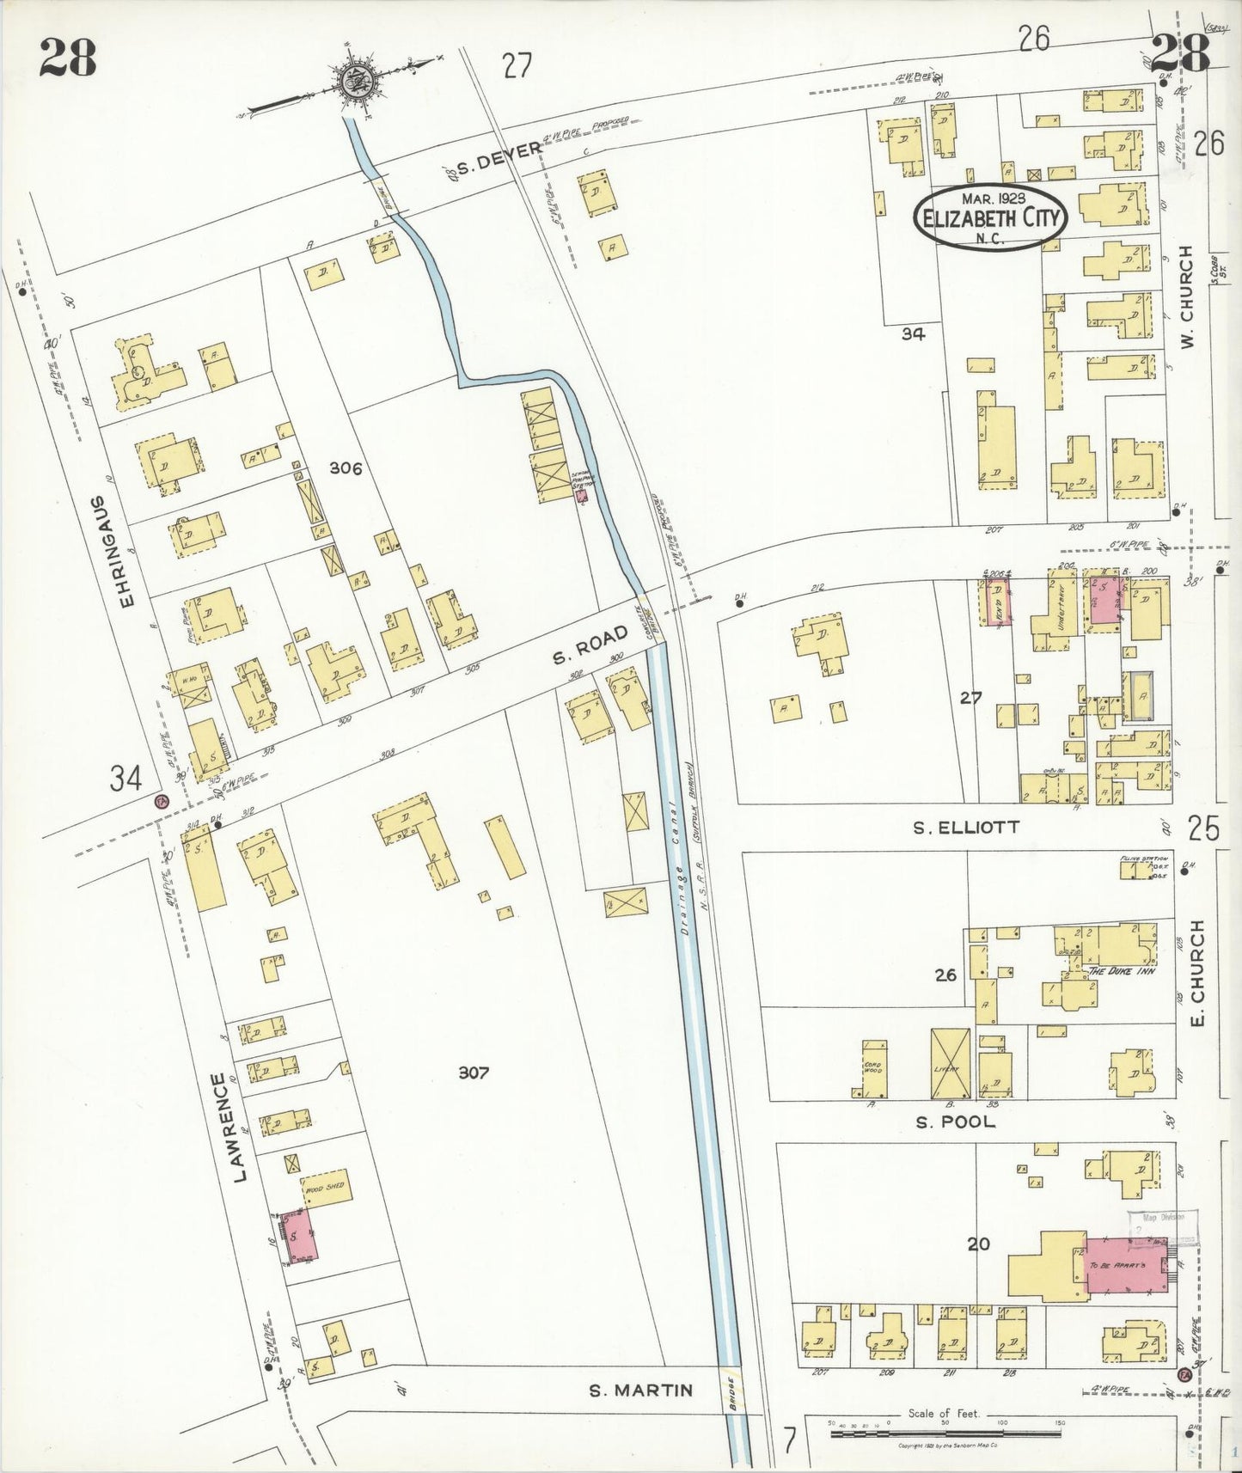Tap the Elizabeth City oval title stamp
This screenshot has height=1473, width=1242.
(990, 218)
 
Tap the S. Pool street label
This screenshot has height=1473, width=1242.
(955, 1122)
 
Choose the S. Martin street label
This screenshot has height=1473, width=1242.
(641, 1389)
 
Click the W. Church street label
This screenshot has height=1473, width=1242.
(1188, 296)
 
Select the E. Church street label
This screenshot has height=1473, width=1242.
(1198, 973)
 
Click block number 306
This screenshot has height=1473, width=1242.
(346, 468)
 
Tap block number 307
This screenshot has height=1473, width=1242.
(474, 1073)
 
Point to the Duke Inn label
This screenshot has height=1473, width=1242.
(1120, 970)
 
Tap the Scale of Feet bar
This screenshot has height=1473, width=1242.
(945, 1431)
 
